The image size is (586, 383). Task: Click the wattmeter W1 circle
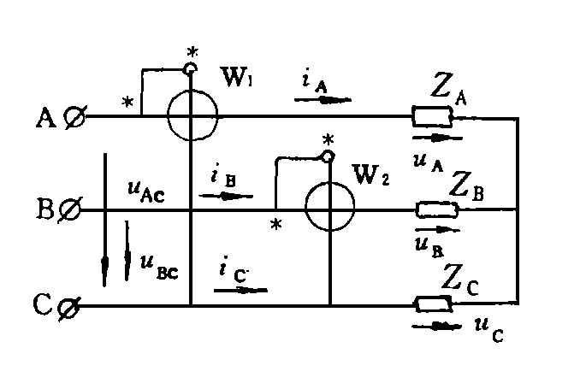click(x=168, y=115)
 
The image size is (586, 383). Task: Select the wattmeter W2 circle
click(x=305, y=206)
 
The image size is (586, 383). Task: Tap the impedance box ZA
click(x=432, y=116)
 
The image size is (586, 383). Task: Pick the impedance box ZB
click(x=437, y=209)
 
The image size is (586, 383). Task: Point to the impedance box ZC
click(x=434, y=303)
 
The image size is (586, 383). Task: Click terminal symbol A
click(x=74, y=116)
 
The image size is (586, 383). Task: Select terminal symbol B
click(x=69, y=210)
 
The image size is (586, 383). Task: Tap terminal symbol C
click(x=69, y=308)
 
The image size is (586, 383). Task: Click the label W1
click(x=237, y=77)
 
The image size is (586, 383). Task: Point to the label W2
click(x=370, y=174)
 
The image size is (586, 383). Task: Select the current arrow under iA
click(x=323, y=100)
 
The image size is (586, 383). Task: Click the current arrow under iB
click(x=226, y=196)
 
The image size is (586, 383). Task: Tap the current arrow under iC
click(x=240, y=290)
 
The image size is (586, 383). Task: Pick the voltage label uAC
click(x=146, y=191)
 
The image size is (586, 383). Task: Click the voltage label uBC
click(x=159, y=268)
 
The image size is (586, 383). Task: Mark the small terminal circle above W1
click(x=191, y=68)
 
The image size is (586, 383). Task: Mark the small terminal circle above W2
click(x=328, y=156)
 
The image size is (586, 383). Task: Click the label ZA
click(x=448, y=90)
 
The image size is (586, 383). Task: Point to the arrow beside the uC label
click(x=436, y=327)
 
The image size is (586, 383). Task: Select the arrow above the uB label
click(x=437, y=229)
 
